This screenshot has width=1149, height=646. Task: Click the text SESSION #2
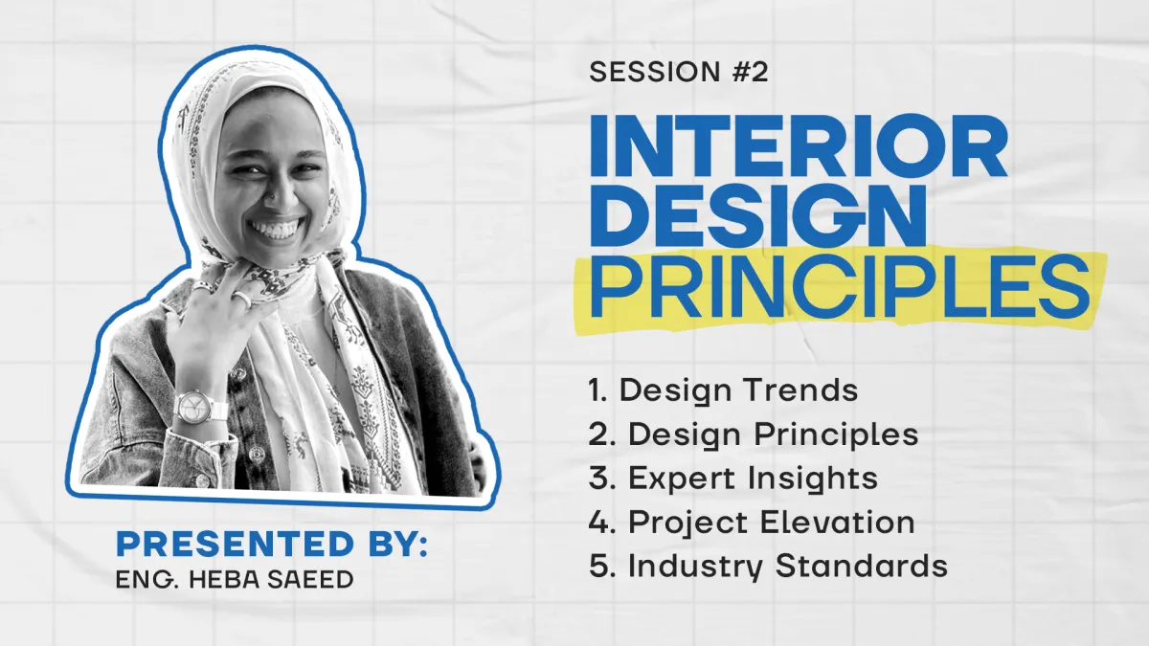678,72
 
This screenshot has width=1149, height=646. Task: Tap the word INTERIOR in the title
799,145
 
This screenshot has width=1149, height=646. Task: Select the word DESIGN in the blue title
758,216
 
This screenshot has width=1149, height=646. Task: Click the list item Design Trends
723,390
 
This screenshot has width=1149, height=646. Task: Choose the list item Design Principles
754,434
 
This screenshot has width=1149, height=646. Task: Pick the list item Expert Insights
733,479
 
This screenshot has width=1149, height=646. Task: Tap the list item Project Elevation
752,523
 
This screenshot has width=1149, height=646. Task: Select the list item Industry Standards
768,567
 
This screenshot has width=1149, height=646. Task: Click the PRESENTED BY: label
271,544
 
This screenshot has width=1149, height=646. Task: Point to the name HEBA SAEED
271,580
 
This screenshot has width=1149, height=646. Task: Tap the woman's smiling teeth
275,228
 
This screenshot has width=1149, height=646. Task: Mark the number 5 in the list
598,566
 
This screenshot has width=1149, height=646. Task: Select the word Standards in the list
861,566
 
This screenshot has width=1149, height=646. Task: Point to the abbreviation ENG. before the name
146,580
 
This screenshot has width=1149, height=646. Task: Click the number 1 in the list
595,390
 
